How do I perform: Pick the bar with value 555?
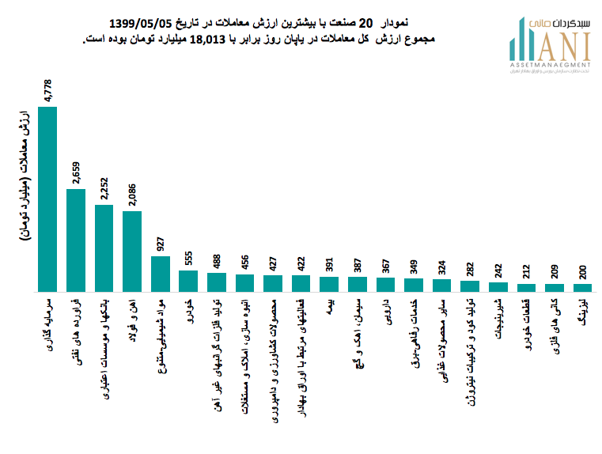[188, 281]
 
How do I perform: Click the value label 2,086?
[132, 195]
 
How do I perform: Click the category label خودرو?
[188, 309]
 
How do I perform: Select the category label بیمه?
[329, 306]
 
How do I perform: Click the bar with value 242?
[498, 287]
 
